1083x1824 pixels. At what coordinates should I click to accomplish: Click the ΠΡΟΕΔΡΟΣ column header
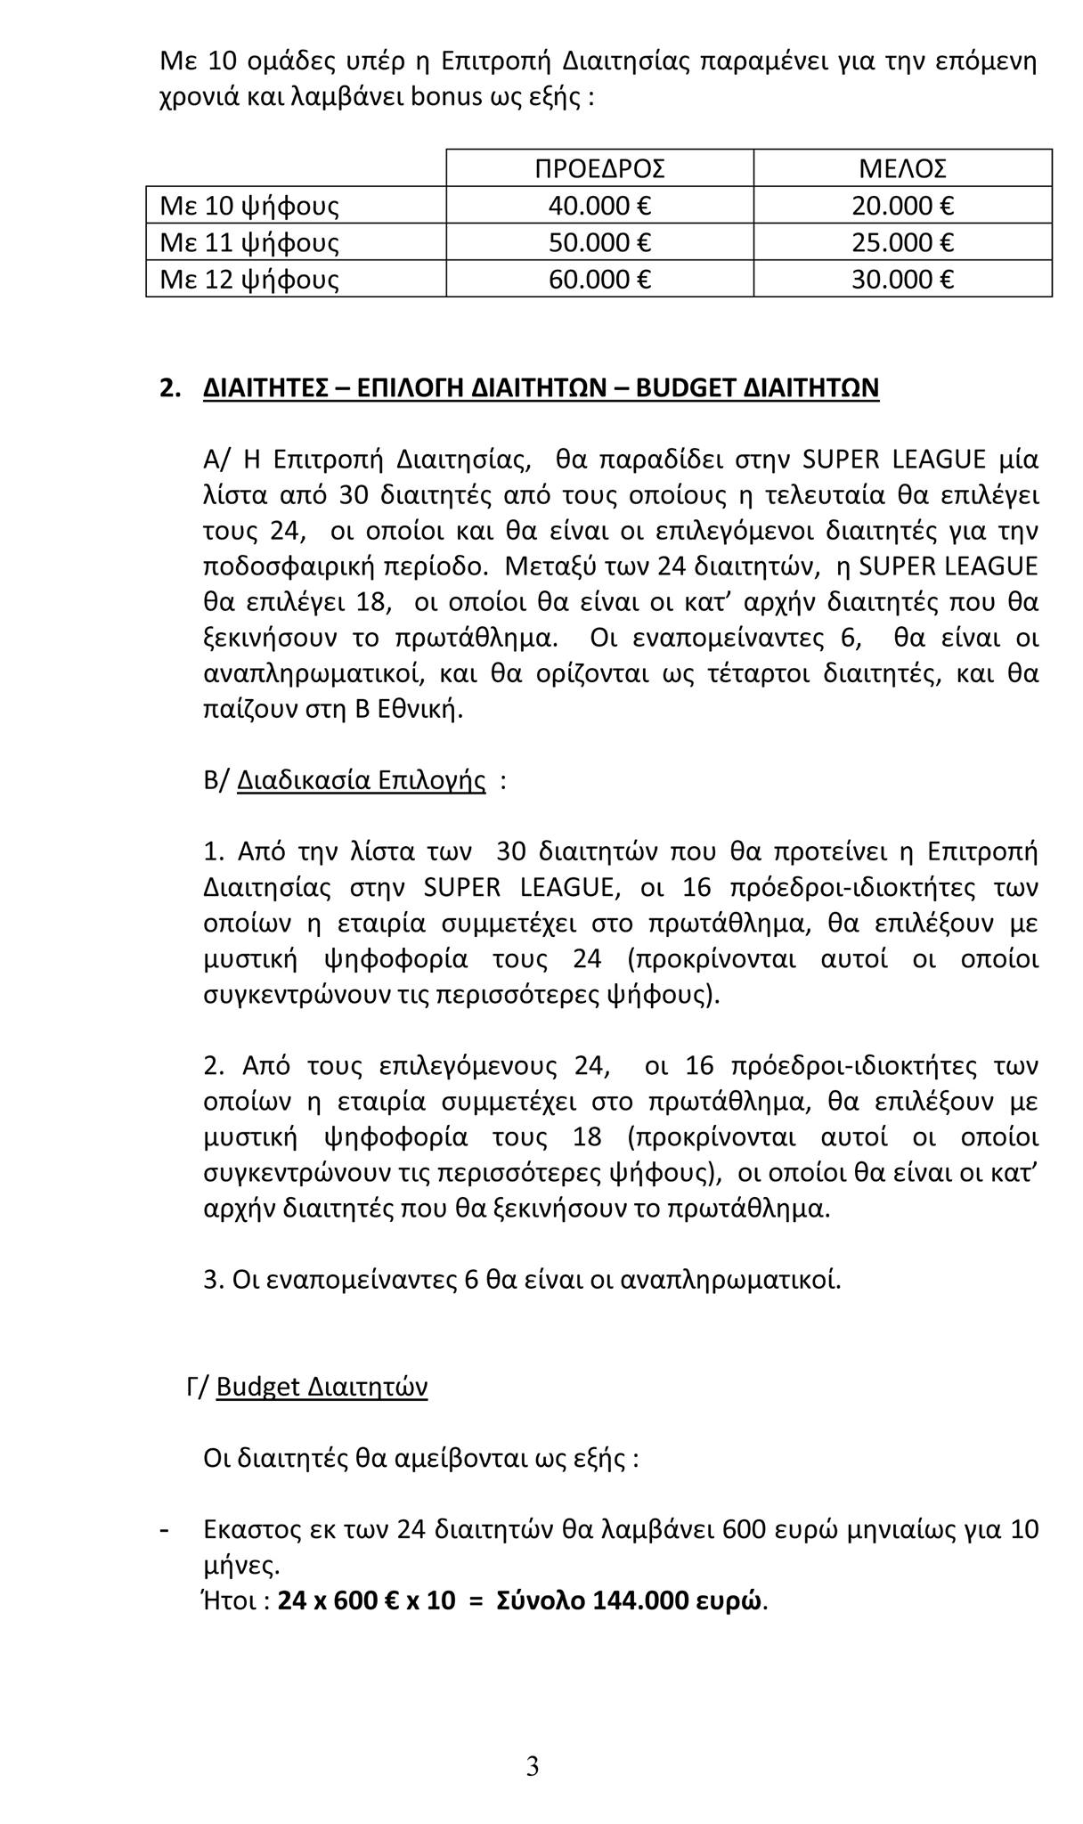click(599, 168)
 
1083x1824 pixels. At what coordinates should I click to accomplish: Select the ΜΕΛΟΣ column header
click(902, 168)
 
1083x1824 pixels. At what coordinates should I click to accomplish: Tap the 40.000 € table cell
click(599, 206)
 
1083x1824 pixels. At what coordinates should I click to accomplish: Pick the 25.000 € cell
click(902, 242)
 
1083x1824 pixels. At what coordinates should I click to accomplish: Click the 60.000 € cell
click(599, 280)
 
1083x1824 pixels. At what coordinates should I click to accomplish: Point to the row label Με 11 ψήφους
click(249, 242)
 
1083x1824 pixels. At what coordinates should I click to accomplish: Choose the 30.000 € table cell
click(902, 280)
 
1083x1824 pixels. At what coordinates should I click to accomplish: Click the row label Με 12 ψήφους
click(249, 280)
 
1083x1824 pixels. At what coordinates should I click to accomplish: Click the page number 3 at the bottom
click(533, 1763)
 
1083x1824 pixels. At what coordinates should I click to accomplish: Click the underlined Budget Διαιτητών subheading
click(322, 1387)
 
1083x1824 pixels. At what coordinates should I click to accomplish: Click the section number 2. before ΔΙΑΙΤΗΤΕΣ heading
click(170, 388)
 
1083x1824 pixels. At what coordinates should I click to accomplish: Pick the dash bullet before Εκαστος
click(164, 1529)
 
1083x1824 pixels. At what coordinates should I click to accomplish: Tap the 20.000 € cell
click(902, 206)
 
